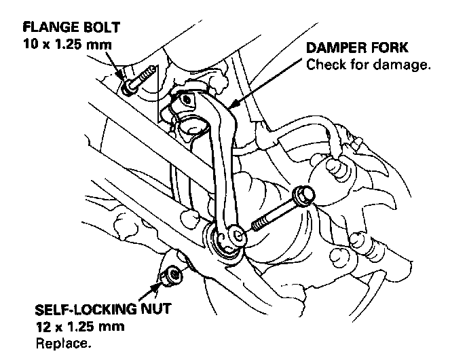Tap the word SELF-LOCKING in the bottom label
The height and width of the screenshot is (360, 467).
[81, 310]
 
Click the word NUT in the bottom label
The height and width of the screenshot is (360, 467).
[152, 310]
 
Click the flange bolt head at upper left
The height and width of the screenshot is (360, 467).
[130, 87]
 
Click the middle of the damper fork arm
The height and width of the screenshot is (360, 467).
[223, 163]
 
